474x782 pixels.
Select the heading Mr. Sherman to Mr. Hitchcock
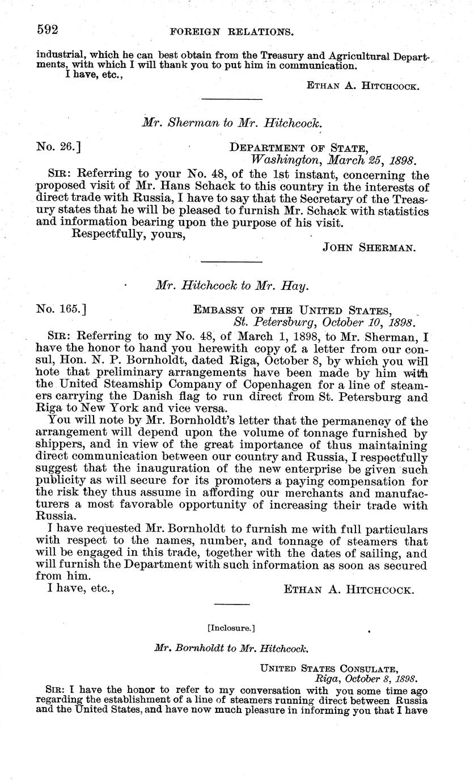coord(231,122)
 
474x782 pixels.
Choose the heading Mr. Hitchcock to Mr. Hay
coord(232,287)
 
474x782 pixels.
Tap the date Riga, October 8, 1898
coord(366,678)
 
